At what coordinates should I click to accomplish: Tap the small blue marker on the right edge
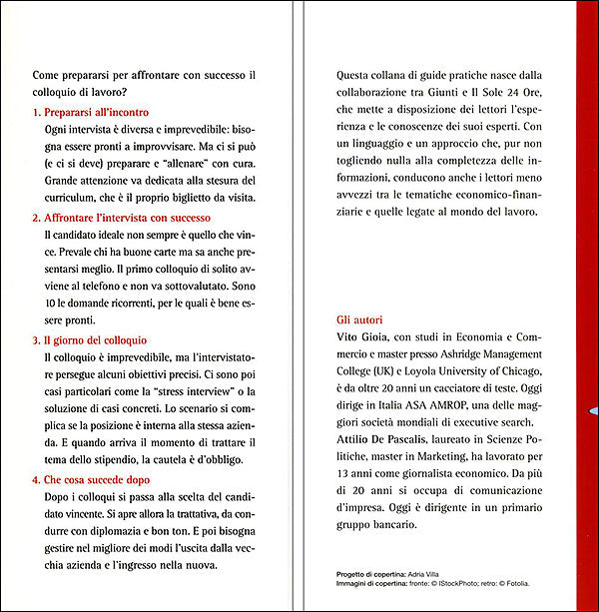[x=593, y=410]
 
